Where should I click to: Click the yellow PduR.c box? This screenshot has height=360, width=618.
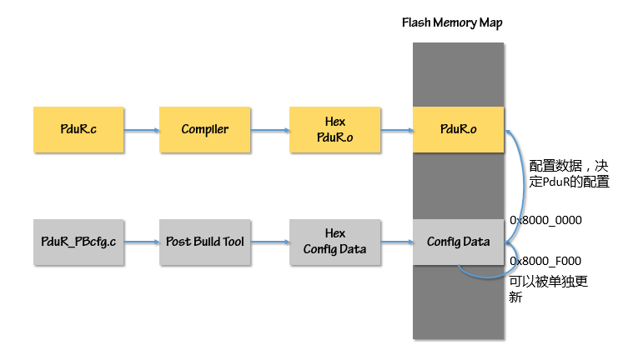(x=78, y=129)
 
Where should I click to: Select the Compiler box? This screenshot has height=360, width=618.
(x=204, y=129)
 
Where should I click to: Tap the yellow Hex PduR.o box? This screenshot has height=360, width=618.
(x=335, y=129)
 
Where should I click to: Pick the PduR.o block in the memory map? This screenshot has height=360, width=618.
(x=458, y=129)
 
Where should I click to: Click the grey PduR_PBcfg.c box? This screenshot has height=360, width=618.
(x=78, y=242)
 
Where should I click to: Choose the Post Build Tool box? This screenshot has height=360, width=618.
(x=204, y=242)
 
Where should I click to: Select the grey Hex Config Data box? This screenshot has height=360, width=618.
(x=335, y=242)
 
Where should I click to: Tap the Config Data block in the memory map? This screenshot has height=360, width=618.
(x=458, y=242)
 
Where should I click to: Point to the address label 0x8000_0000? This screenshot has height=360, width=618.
(x=545, y=221)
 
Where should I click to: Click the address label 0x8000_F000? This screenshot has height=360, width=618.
(x=545, y=261)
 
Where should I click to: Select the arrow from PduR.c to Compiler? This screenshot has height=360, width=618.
(x=141, y=129)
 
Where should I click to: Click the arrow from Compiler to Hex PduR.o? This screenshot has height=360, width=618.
(x=269, y=129)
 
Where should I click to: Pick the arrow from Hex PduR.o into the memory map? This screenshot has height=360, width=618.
(x=396, y=129)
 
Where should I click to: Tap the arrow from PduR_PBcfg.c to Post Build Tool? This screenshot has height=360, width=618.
(x=141, y=242)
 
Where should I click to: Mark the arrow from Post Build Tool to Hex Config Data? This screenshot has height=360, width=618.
(x=269, y=242)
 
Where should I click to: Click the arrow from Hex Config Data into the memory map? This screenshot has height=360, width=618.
(x=396, y=242)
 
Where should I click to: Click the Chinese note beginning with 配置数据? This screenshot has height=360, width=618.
(x=570, y=172)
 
